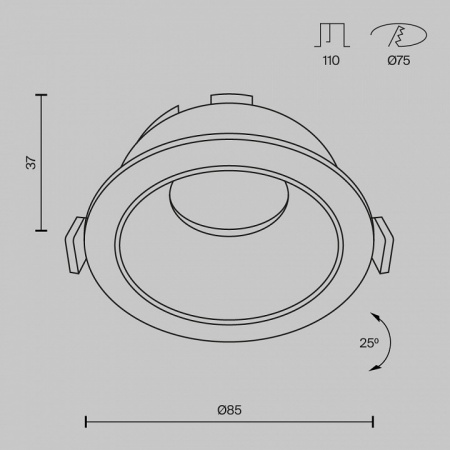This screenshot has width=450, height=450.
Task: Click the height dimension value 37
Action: tap(30, 162)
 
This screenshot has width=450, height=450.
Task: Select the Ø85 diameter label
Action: tap(229, 409)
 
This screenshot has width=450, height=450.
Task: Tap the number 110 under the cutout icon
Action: tap(331, 62)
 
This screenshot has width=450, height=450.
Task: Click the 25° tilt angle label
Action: tap(369, 343)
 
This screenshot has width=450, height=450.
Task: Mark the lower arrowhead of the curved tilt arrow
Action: tap(376, 369)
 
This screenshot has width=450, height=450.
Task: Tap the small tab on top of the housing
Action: tap(231, 98)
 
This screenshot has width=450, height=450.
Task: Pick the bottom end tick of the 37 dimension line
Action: tap(41, 231)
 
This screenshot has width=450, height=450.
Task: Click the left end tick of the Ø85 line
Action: tap(84, 422)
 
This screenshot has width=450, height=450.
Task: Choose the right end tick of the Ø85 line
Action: tap(374, 422)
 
